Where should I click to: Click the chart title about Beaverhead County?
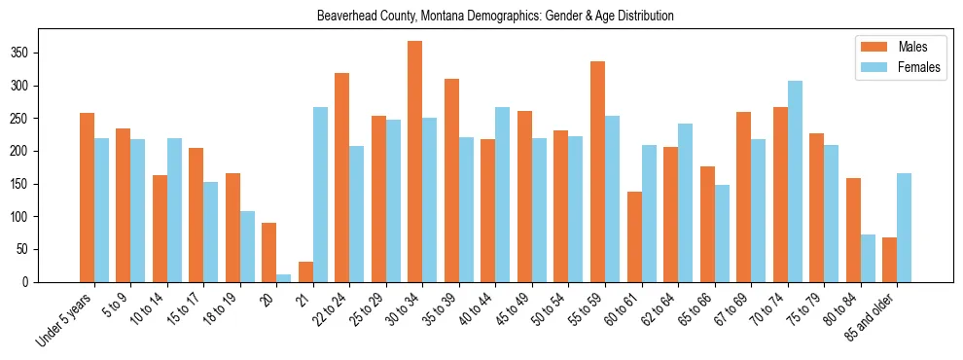pyautogui.click(x=495, y=17)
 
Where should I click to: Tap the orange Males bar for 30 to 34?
pyautogui.click(x=415, y=162)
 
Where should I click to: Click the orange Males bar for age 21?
pyautogui.click(x=305, y=271)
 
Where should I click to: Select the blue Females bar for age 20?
pyautogui.click(x=284, y=277)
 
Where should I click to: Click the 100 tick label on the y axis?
pyautogui.click(x=48, y=216)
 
